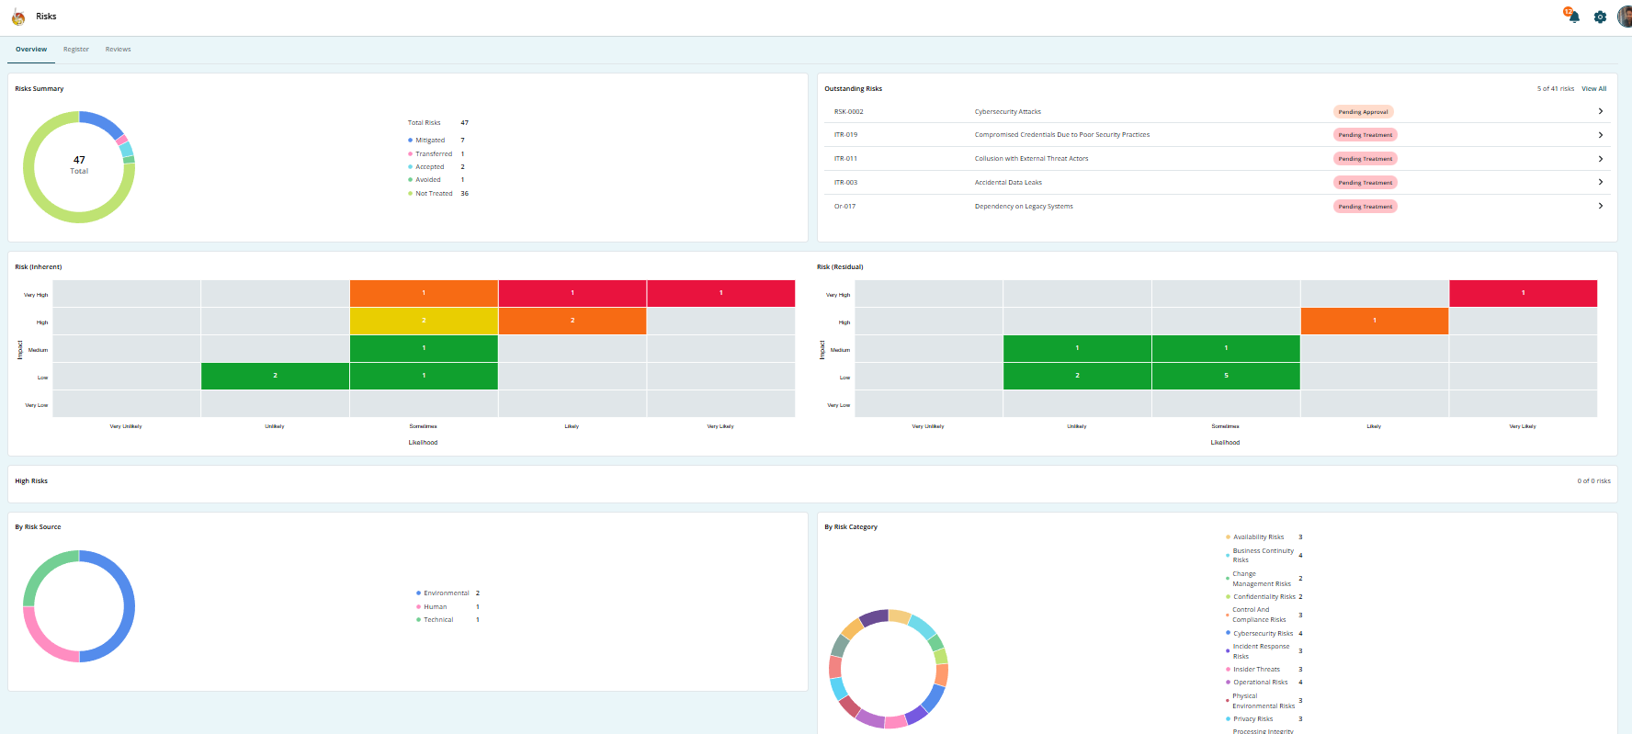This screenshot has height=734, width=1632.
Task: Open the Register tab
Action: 76,50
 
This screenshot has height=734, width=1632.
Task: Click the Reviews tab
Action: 118,50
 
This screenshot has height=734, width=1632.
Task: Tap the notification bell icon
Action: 1573,16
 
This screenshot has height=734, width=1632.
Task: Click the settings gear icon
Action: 1600,17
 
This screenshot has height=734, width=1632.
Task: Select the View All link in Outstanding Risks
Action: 1593,89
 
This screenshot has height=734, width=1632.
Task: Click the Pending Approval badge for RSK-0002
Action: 1363,112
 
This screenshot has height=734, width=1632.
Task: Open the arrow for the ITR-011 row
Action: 1600,159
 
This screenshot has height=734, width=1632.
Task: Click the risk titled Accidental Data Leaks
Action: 1008,183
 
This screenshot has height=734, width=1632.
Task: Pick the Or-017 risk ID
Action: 844,207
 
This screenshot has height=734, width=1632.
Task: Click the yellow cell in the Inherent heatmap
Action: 424,321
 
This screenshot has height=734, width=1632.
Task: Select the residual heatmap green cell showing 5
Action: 1225,376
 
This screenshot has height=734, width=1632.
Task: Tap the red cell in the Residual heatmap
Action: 1523,293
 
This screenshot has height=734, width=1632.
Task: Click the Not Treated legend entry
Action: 434,194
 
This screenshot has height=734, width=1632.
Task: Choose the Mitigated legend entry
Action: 430,141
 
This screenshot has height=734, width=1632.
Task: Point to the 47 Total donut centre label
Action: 79,164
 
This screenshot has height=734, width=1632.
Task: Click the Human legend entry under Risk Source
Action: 436,607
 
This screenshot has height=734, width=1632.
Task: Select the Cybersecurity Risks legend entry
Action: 1263,634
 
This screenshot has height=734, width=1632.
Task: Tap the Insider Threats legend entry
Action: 1256,670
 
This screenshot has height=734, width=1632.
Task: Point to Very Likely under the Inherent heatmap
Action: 720,426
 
